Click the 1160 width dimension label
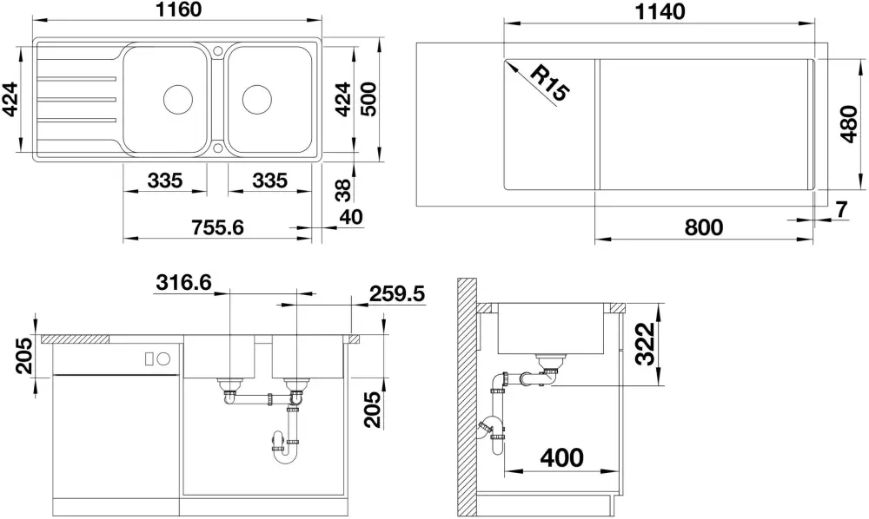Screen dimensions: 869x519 click(x=178, y=10)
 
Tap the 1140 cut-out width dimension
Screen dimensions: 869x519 click(x=660, y=11)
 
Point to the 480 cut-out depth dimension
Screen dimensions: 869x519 click(x=849, y=124)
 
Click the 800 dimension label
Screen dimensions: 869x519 click(x=703, y=227)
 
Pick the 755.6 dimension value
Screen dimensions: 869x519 click(x=216, y=227)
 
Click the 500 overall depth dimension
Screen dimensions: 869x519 click(x=368, y=99)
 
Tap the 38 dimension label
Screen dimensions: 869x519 click(x=343, y=190)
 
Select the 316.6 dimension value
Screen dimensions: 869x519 click(x=184, y=282)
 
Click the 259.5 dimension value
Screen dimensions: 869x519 click(x=397, y=294)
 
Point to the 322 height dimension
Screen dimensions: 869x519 click(x=645, y=344)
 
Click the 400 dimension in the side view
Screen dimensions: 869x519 click(x=561, y=457)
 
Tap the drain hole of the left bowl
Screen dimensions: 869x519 click(x=178, y=100)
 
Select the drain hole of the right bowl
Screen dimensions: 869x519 click(x=256, y=100)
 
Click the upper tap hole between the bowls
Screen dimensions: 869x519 click(x=217, y=51)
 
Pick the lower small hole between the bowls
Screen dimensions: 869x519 click(x=217, y=148)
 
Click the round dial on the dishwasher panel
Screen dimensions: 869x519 click(x=163, y=358)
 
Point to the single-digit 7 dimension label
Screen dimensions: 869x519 click(x=841, y=210)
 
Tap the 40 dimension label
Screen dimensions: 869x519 click(x=351, y=216)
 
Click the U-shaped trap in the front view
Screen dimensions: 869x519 click(x=285, y=451)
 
